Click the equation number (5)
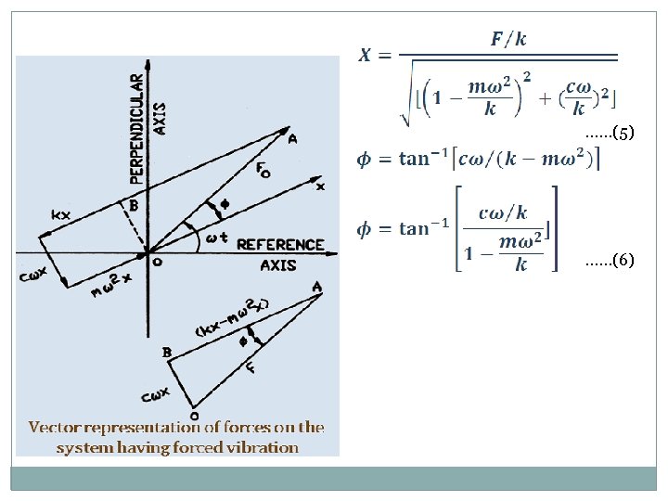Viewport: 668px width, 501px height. point(610,134)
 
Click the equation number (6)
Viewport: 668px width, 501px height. point(610,261)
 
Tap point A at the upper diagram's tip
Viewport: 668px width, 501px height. point(293,137)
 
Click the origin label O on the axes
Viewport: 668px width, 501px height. point(157,262)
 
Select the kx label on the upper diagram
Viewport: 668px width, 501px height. point(60,215)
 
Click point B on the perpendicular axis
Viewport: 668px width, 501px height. point(134,206)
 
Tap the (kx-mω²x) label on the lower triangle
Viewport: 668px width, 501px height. point(232,316)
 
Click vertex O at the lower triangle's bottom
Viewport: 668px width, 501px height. point(193,415)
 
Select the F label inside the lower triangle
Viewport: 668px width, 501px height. point(250,368)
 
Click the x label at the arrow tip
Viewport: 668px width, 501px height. point(320,186)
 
